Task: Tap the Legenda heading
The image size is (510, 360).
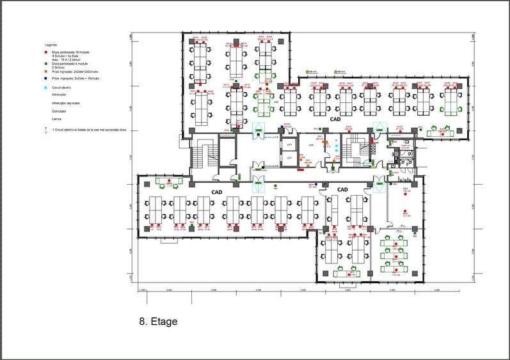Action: (x=51, y=45)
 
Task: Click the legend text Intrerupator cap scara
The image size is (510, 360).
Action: (x=71, y=102)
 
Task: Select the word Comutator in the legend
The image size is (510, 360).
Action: (x=61, y=111)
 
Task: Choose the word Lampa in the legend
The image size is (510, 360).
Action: (x=57, y=119)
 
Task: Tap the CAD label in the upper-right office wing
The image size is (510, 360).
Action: (x=335, y=119)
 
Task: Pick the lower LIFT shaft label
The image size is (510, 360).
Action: (x=289, y=157)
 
